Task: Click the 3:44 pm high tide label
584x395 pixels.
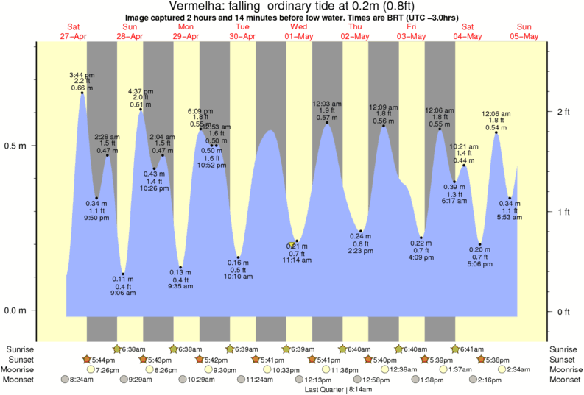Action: coord(81,75)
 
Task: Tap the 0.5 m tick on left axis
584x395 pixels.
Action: coord(16,145)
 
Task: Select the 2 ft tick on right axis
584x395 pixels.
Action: coord(563,111)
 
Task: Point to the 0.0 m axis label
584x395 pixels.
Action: coord(16,310)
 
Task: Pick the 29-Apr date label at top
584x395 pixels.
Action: coord(186,36)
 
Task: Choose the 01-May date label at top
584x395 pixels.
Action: coord(299,36)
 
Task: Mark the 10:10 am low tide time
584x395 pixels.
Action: coord(238,277)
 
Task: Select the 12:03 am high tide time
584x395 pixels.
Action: coord(327,104)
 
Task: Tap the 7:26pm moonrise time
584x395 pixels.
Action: coord(108,369)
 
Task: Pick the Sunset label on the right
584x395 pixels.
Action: coord(563,359)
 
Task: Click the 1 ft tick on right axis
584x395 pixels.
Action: coord(563,212)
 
